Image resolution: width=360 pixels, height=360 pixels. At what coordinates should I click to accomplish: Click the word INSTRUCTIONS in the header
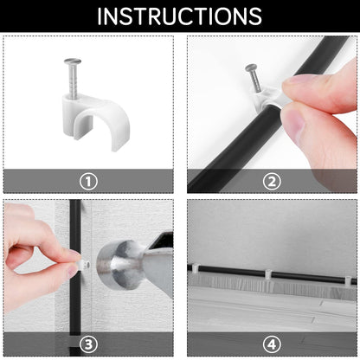[x=179, y=16]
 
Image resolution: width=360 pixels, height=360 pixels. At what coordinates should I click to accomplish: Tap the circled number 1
[x=88, y=182]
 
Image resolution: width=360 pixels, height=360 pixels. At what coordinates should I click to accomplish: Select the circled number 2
[x=272, y=182]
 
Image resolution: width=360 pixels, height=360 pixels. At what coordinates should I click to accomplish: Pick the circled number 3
[x=88, y=344]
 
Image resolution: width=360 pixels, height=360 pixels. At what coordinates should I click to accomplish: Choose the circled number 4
[x=272, y=344]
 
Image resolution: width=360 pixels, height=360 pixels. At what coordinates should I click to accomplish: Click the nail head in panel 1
[x=73, y=61]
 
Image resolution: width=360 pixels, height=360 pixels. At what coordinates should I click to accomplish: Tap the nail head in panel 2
[x=251, y=68]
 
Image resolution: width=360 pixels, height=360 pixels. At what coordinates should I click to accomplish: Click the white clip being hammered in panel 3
[x=84, y=263]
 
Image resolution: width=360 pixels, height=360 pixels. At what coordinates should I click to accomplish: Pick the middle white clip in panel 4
[x=268, y=274]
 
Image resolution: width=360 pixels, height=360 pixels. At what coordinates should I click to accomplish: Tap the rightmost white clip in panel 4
[x=350, y=280]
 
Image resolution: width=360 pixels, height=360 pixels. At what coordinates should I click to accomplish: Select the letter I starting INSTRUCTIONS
[x=100, y=16]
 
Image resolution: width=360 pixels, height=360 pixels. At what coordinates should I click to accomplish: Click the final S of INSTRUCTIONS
[x=255, y=16]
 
